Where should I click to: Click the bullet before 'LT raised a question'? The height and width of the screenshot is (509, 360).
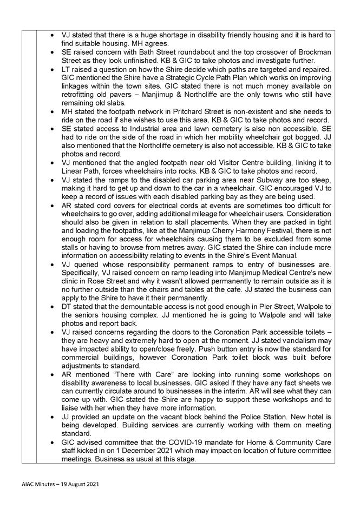tap(51, 70)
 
